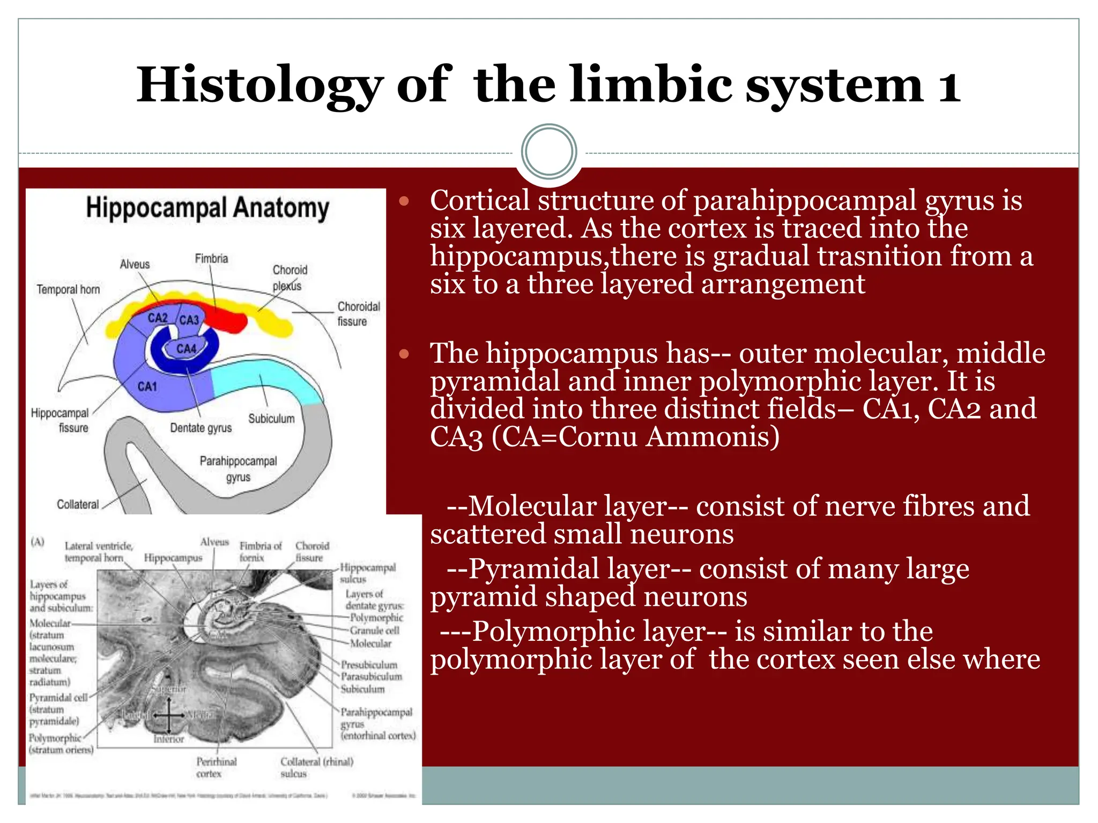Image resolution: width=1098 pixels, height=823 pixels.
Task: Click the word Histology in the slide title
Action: pos(259,86)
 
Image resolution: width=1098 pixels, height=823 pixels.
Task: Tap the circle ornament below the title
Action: pos(549,152)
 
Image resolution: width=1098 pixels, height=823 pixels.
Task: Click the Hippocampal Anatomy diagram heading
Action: pos(207,208)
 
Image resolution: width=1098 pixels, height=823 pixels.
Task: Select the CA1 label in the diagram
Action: pos(147,386)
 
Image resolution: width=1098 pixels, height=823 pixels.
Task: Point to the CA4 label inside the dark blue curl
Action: pos(187,349)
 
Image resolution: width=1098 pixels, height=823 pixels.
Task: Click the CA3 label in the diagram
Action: pos(189,320)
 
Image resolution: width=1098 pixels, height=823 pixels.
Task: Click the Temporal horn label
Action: pos(68,290)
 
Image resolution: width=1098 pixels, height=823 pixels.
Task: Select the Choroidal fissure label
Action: pos(358,313)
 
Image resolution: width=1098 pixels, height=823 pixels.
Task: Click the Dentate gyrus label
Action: pos(201,428)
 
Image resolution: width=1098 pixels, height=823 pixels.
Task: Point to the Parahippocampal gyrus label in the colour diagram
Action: pos(238,468)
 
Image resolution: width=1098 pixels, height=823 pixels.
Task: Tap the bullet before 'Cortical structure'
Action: pos(404,202)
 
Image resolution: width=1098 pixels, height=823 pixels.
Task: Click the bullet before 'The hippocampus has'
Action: pos(404,354)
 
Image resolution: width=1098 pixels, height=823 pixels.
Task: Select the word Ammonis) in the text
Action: pos(713,437)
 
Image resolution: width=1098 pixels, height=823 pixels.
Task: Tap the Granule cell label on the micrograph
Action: pos(374,631)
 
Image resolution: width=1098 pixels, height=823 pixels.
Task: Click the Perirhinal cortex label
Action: pos(216,767)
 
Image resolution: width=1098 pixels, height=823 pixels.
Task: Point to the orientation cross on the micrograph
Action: pos(168,714)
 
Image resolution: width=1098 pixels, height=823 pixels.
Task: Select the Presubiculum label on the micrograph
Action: pos(369,665)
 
